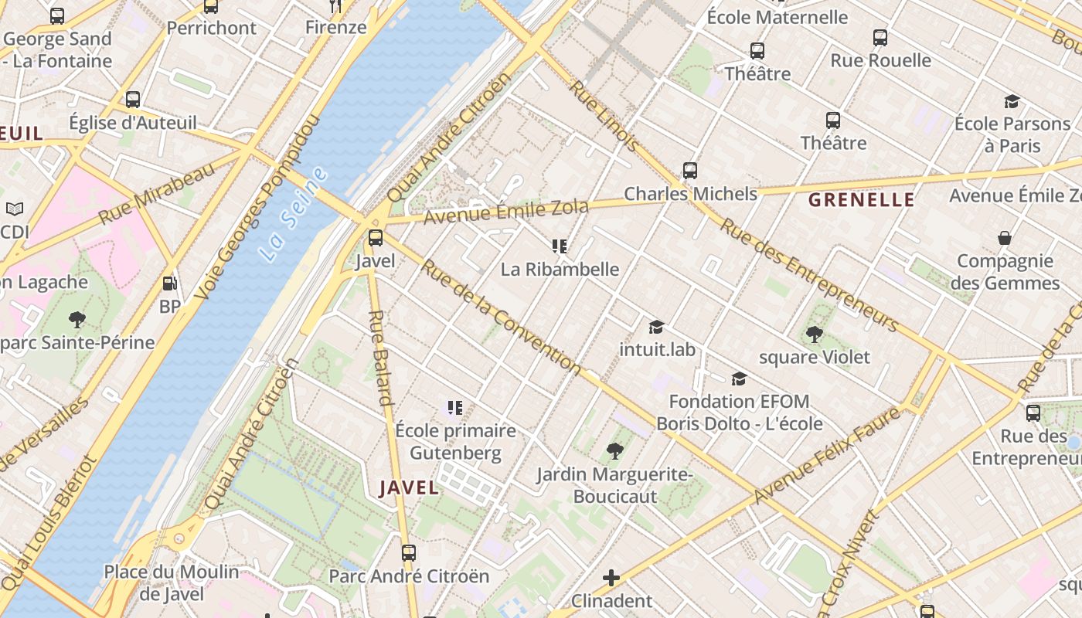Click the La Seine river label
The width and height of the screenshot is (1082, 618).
click(x=293, y=214)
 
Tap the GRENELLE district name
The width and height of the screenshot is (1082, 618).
click(x=861, y=200)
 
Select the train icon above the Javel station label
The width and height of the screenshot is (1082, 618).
click(x=376, y=238)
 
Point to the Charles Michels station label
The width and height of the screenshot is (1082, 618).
click(x=690, y=193)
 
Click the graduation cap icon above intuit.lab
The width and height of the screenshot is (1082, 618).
click(x=656, y=328)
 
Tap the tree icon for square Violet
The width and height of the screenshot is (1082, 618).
click(x=814, y=334)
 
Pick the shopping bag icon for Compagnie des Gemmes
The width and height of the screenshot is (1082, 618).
click(x=1004, y=238)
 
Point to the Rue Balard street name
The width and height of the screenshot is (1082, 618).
click(x=381, y=358)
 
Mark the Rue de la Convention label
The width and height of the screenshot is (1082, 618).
click(x=500, y=317)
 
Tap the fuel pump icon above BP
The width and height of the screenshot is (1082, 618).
click(x=170, y=284)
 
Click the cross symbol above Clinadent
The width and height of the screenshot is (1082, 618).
click(x=611, y=577)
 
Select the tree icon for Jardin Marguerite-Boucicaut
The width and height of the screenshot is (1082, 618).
click(x=615, y=450)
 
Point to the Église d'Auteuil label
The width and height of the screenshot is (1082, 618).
click(x=133, y=122)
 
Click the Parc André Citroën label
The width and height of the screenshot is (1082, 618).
click(x=409, y=576)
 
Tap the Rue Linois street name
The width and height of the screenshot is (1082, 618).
click(x=604, y=115)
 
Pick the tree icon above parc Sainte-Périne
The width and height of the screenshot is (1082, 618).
click(x=77, y=319)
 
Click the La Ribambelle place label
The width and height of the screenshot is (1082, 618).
click(x=560, y=269)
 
